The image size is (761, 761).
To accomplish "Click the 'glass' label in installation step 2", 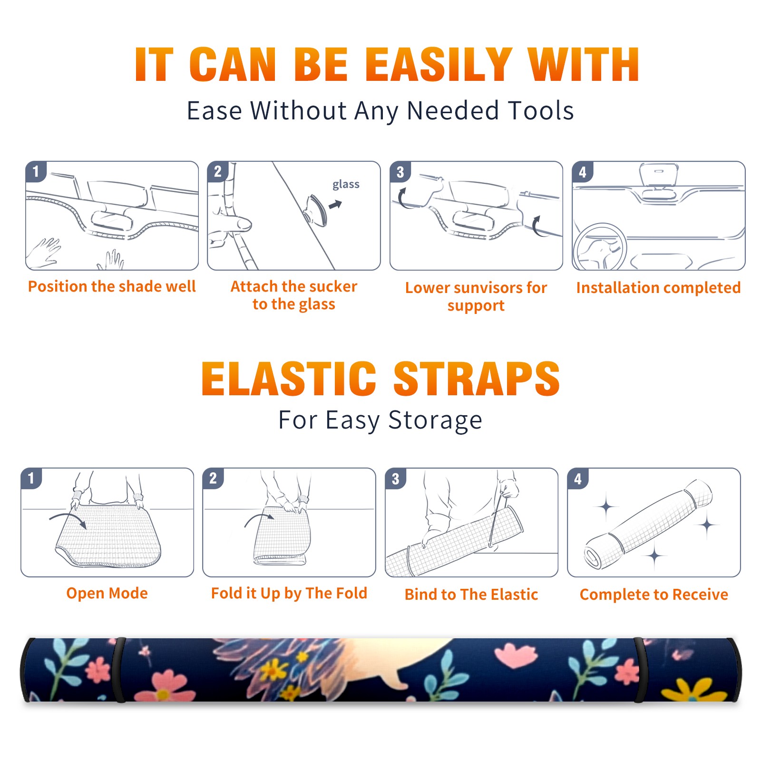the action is click(x=346, y=185).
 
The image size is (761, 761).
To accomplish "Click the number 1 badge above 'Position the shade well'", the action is click(x=36, y=171).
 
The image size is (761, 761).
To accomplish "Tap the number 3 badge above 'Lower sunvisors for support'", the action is click(x=400, y=171).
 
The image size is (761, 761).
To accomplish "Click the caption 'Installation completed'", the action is click(x=658, y=287).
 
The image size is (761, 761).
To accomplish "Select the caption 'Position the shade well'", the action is click(x=112, y=286).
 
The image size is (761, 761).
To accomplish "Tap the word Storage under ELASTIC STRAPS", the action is click(x=435, y=420).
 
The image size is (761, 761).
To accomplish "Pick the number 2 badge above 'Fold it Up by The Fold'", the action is click(x=213, y=478).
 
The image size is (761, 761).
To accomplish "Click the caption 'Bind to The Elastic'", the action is click(x=471, y=595).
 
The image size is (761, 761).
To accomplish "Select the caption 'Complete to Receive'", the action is click(x=654, y=595).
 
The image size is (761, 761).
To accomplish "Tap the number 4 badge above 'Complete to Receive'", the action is click(x=578, y=478).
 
